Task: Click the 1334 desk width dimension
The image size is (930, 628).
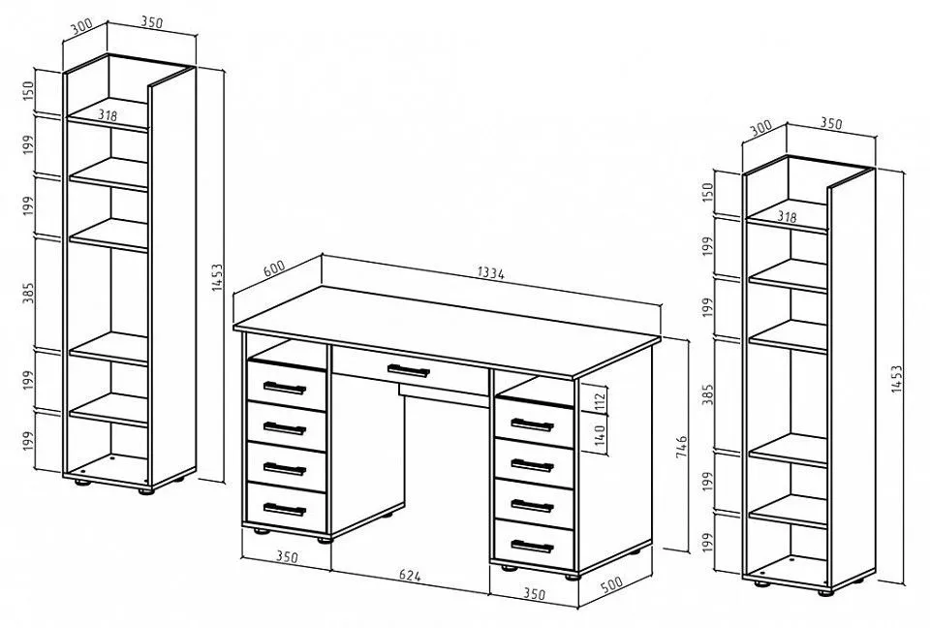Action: [490, 273]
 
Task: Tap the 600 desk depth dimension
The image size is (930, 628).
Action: [274, 267]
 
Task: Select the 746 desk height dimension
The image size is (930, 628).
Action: [681, 447]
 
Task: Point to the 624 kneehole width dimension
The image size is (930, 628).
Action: [410, 575]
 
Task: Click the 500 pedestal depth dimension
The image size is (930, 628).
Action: [611, 584]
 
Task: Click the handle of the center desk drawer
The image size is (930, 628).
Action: [408, 370]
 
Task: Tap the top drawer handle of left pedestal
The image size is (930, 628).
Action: [284, 388]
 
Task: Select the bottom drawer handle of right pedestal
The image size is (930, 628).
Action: [532, 546]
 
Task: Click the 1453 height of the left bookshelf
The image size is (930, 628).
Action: [217, 277]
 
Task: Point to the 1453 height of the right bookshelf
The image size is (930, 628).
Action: [897, 379]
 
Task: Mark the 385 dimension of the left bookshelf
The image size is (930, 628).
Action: [28, 293]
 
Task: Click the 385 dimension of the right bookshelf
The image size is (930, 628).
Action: [707, 394]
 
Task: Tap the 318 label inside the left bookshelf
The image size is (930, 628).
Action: [108, 115]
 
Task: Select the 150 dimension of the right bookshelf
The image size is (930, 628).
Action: [707, 192]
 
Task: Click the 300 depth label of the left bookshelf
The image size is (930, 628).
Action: [81, 27]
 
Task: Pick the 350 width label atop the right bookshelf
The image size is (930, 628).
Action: [831, 123]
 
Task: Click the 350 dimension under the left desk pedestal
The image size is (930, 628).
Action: [287, 557]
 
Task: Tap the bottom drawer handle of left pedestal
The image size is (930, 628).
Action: [284, 509]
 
